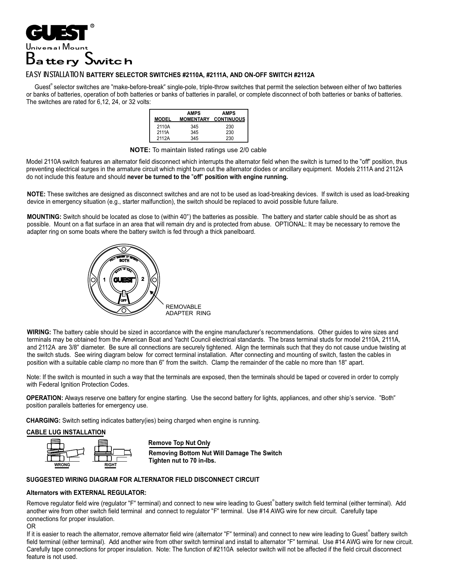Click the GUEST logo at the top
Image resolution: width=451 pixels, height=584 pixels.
tap(57, 33)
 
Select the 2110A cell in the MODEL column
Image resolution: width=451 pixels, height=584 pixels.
tap(163, 127)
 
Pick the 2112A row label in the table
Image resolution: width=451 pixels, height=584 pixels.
tap(163, 138)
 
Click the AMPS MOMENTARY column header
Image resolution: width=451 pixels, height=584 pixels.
tap(194, 116)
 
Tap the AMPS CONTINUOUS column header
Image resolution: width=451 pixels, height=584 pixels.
tap(229, 116)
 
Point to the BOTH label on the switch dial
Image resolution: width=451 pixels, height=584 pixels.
tap(124, 260)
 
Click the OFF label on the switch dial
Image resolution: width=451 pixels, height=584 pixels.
tap(124, 300)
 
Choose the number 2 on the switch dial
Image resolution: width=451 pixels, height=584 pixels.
tap(143, 279)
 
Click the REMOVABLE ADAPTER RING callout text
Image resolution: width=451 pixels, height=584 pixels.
tap(188, 310)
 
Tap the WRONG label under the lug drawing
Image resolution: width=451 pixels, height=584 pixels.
tap(62, 465)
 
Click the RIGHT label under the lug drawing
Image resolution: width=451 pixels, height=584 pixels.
tap(111, 465)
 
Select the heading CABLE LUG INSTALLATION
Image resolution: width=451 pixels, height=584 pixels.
tap(66, 432)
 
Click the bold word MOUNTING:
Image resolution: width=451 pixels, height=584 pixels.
tap(44, 217)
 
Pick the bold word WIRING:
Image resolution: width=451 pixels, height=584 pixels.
tap(39, 332)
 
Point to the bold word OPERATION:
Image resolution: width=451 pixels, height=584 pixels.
tap(45, 398)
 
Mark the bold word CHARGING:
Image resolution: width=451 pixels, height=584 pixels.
tap(44, 421)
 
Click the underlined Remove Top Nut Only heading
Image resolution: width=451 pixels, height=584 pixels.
tap(179, 443)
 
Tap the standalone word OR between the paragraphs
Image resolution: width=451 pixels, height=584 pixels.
tap(31, 527)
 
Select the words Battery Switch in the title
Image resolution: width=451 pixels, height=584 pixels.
tap(79, 60)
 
